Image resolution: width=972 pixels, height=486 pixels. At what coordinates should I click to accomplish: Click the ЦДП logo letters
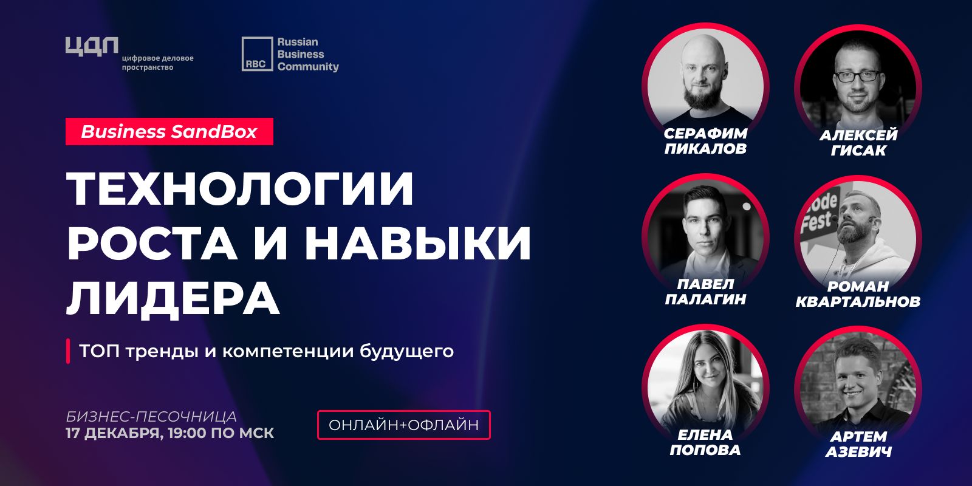pos(92,46)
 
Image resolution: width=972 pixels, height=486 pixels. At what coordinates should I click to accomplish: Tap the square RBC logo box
pos(258,54)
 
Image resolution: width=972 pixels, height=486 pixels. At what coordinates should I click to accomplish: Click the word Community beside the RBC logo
pos(308,67)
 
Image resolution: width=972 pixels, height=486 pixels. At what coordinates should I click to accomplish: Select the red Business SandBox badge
pos(169,131)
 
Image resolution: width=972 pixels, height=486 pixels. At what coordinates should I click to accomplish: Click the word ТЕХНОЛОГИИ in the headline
pos(240,189)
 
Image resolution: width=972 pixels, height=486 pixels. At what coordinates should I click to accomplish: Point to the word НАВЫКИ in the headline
pos(418,243)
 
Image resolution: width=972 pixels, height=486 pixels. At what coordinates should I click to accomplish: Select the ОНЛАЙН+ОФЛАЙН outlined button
pos(404,425)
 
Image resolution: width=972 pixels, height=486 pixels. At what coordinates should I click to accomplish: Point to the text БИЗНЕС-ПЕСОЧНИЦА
pos(151,417)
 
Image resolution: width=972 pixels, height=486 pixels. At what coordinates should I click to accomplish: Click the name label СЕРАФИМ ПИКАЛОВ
pos(705,141)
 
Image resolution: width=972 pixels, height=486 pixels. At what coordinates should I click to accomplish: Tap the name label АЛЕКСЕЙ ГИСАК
pos(858,143)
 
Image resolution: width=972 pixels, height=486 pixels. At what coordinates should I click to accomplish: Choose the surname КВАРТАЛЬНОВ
pos(858,301)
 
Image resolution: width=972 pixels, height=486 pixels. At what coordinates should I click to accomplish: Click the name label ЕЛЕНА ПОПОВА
pos(705,442)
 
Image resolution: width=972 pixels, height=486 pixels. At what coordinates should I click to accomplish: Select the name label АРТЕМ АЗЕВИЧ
pos(858,444)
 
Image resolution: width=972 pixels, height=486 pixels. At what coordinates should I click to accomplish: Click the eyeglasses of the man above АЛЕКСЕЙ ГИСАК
pos(857,77)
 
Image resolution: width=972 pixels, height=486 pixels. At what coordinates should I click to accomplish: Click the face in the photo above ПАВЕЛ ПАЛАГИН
pos(705,225)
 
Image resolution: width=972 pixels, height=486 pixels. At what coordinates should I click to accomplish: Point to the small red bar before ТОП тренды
pos(68,351)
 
